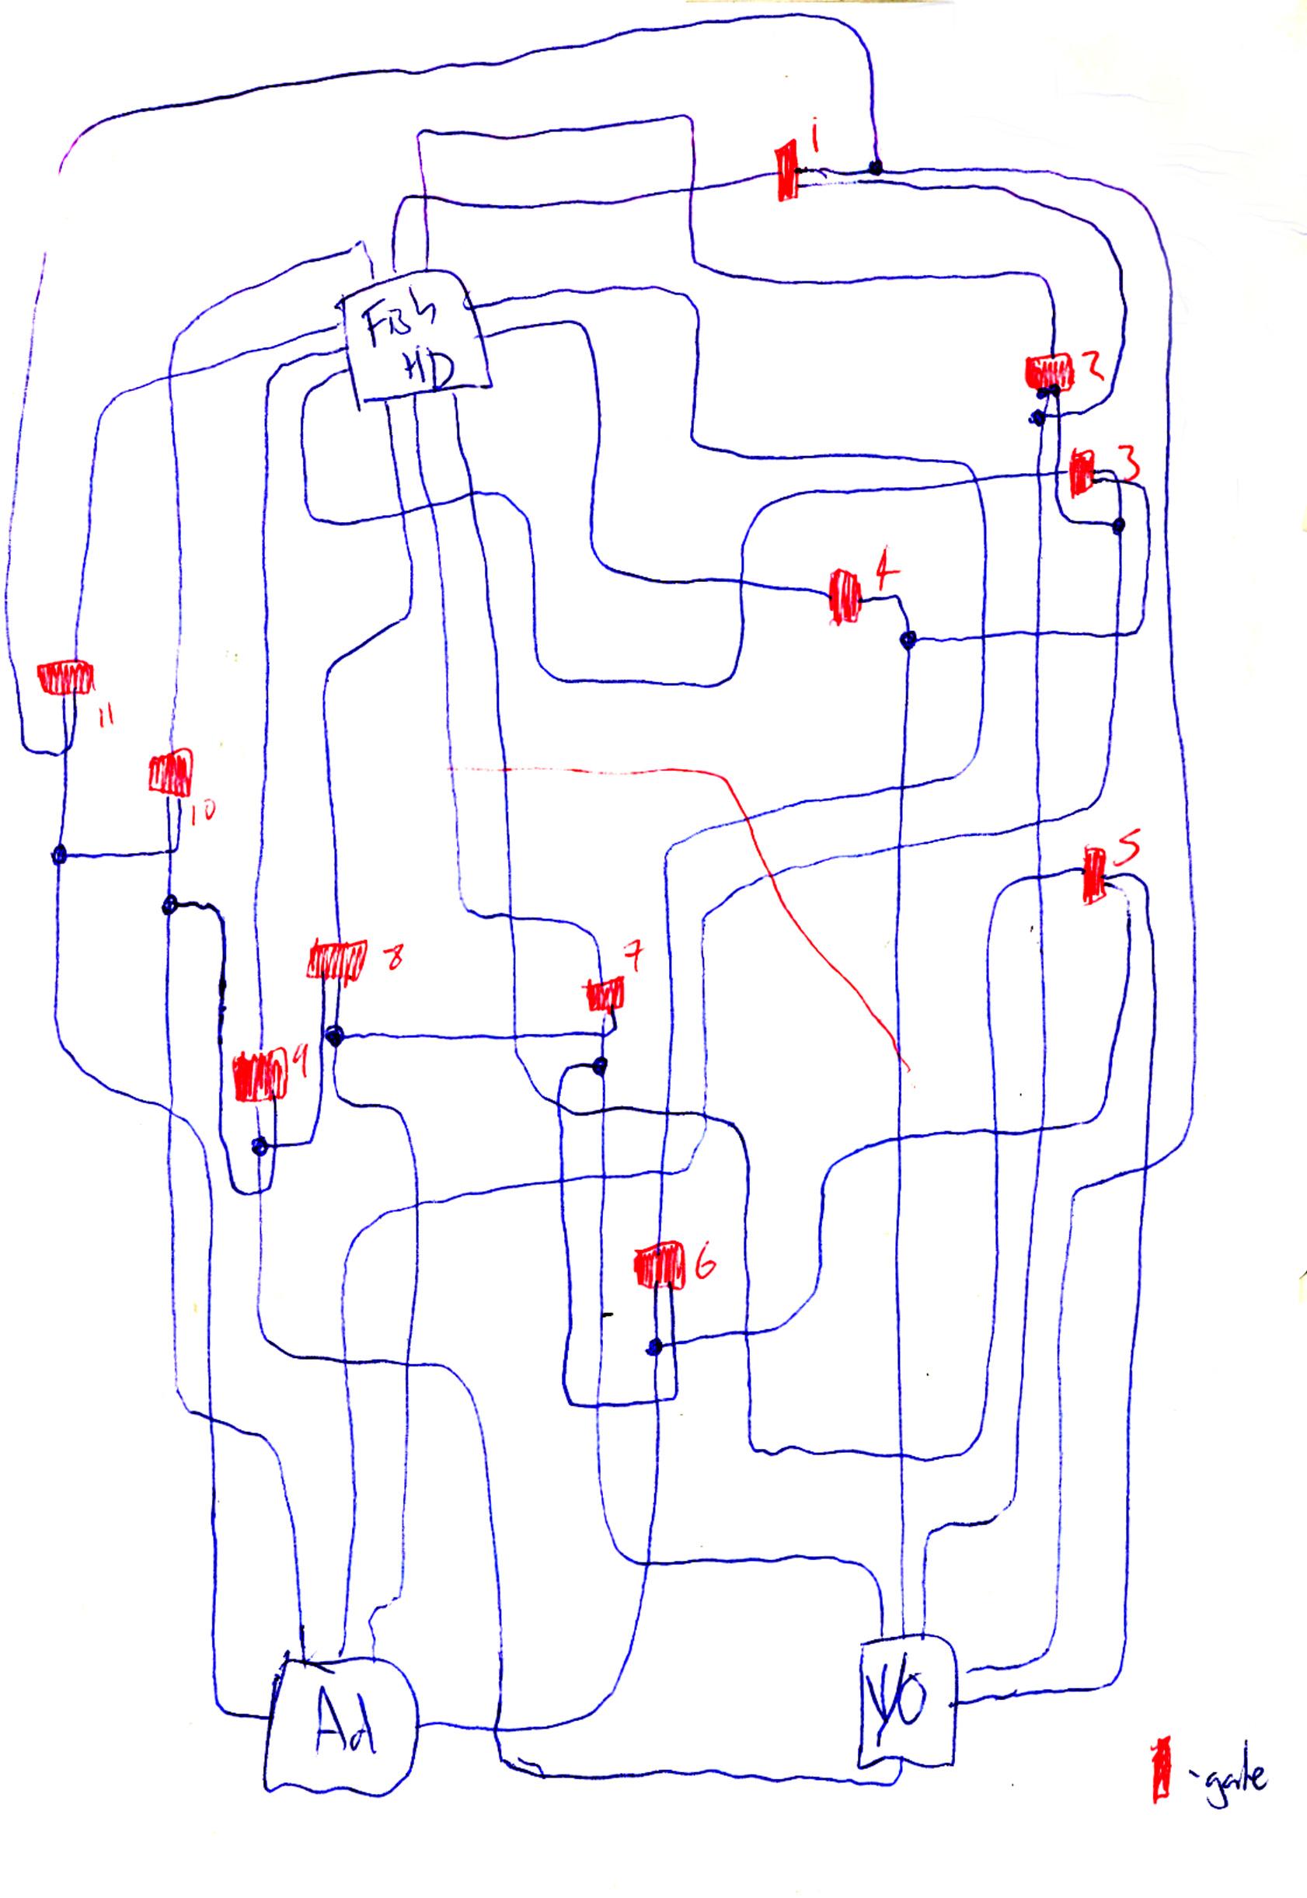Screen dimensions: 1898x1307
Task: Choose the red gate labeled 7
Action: (x=605, y=995)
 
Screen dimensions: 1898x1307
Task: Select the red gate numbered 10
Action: (x=170, y=772)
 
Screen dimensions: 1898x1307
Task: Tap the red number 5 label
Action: (x=1128, y=854)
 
